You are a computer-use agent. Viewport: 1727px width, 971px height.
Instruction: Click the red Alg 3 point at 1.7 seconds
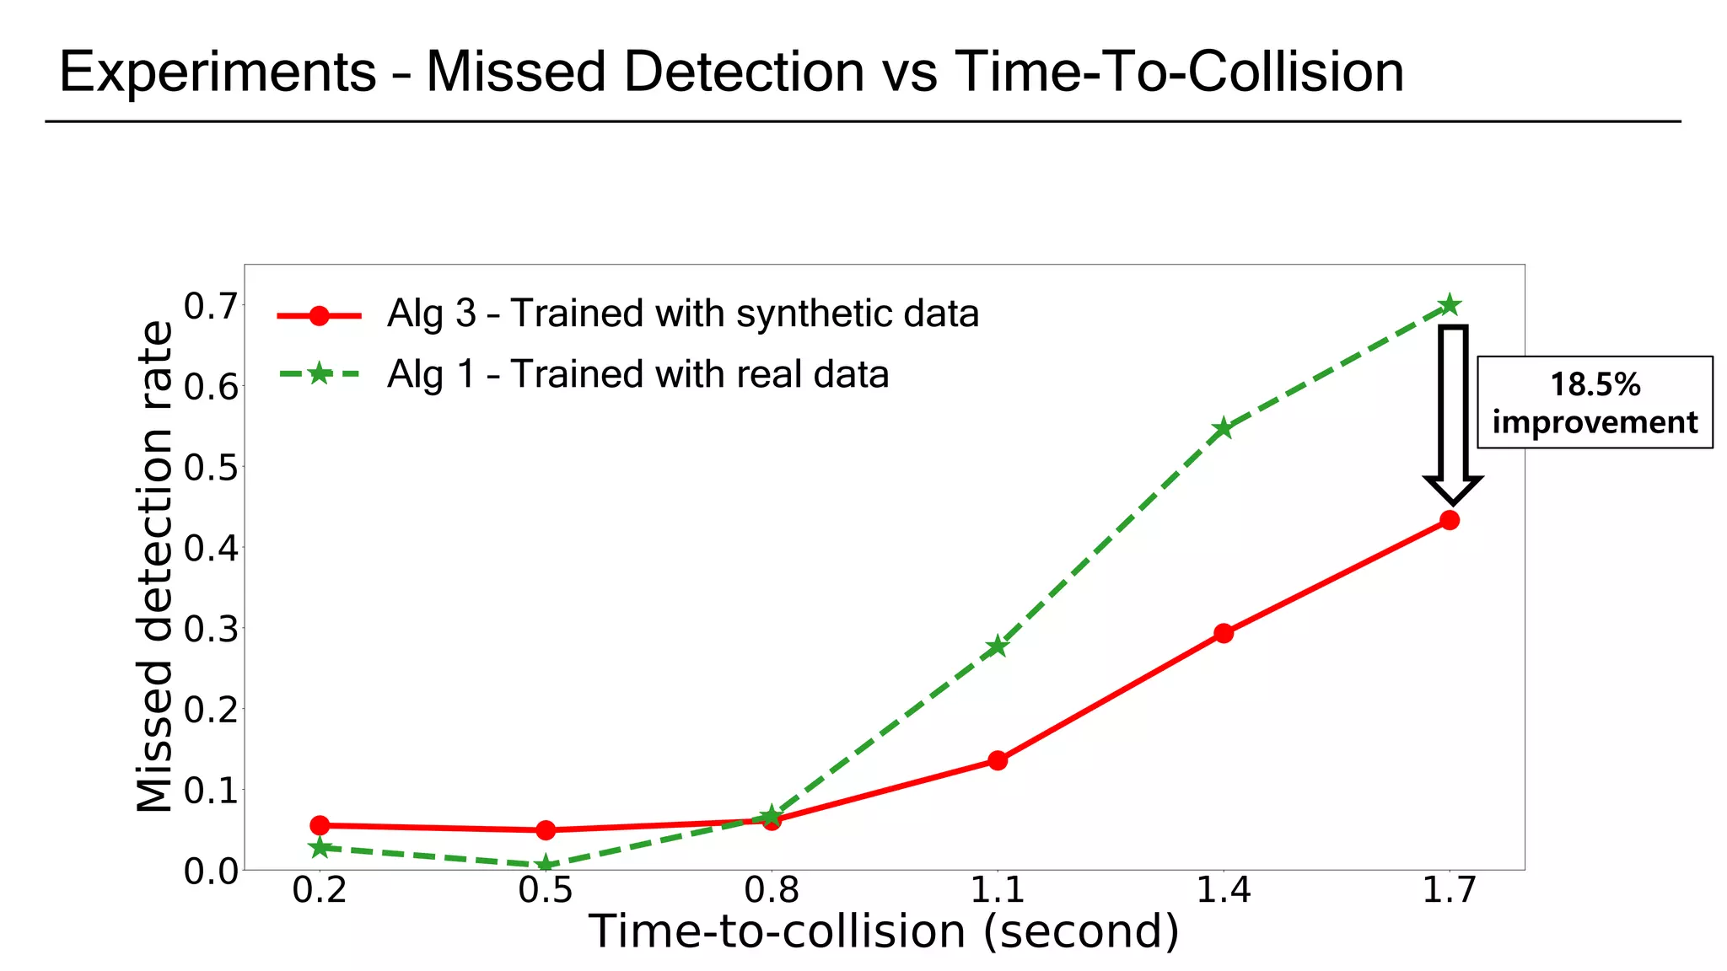1450,520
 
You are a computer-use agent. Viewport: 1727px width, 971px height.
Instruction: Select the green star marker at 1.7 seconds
1450,305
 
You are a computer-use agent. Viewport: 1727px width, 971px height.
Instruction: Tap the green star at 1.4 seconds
1224,429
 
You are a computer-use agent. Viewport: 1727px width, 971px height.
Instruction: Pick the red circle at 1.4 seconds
1224,633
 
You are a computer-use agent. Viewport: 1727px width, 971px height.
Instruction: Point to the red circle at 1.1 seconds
998,760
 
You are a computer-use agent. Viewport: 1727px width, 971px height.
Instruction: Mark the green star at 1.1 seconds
998,646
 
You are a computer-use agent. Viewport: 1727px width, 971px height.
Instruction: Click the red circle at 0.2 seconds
320,825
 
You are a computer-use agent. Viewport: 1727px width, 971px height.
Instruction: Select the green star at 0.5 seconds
546,864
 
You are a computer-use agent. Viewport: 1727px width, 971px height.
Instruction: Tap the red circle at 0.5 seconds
546,830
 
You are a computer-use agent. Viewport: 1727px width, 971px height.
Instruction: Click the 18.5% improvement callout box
1595,403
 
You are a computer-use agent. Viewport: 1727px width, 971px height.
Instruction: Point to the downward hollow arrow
1453,413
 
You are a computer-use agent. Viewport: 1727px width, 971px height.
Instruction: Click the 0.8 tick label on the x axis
772,890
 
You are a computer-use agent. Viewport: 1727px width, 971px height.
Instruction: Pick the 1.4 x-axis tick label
1224,890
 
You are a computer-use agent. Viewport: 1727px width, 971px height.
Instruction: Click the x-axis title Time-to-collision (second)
884,932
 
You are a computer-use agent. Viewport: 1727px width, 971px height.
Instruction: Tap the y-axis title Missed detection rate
155,566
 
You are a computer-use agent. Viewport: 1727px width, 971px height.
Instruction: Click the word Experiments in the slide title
218,72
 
